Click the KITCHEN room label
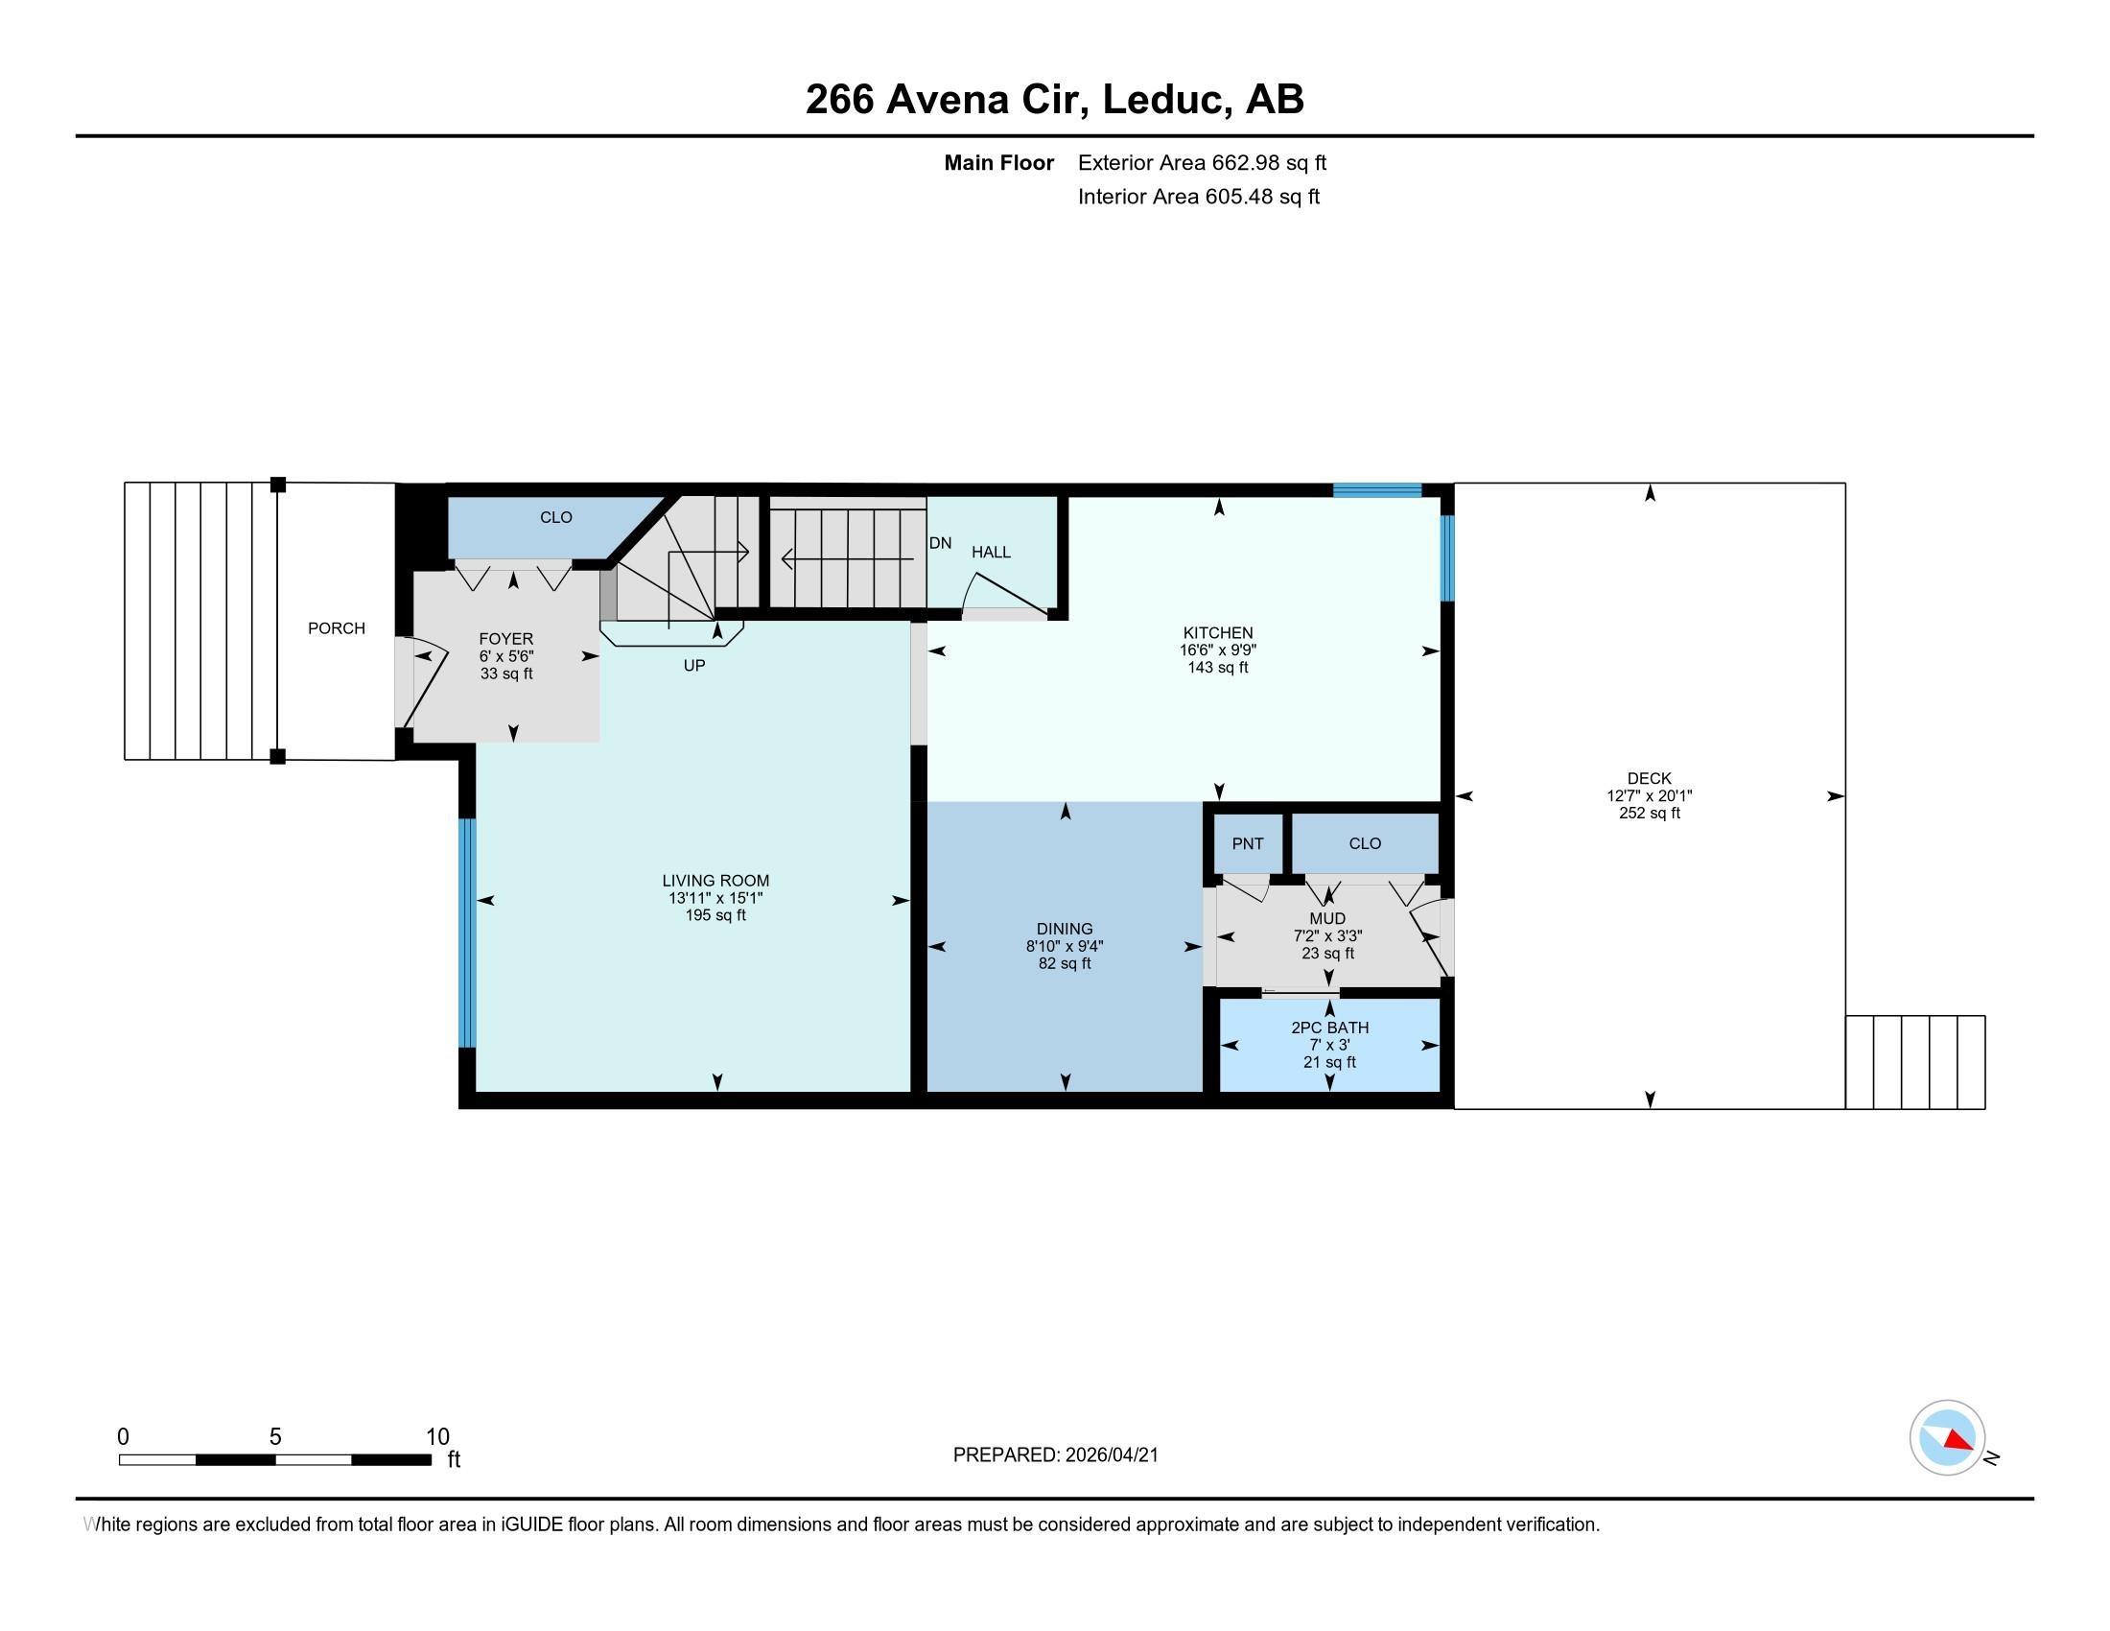(x=1217, y=633)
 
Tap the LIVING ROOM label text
(x=715, y=880)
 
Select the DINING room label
(x=1065, y=929)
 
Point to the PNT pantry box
(x=1247, y=843)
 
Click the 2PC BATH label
(x=1329, y=1028)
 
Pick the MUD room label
(x=1327, y=918)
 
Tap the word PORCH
(x=337, y=628)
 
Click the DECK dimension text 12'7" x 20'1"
(x=1650, y=796)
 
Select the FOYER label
(x=506, y=639)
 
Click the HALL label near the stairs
(x=992, y=552)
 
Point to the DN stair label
(x=940, y=543)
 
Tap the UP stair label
(x=693, y=666)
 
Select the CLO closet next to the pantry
(x=1365, y=843)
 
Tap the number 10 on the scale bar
(x=437, y=1437)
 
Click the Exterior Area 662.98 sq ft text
(x=1202, y=162)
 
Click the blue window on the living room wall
(x=468, y=934)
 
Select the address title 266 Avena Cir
(x=947, y=100)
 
